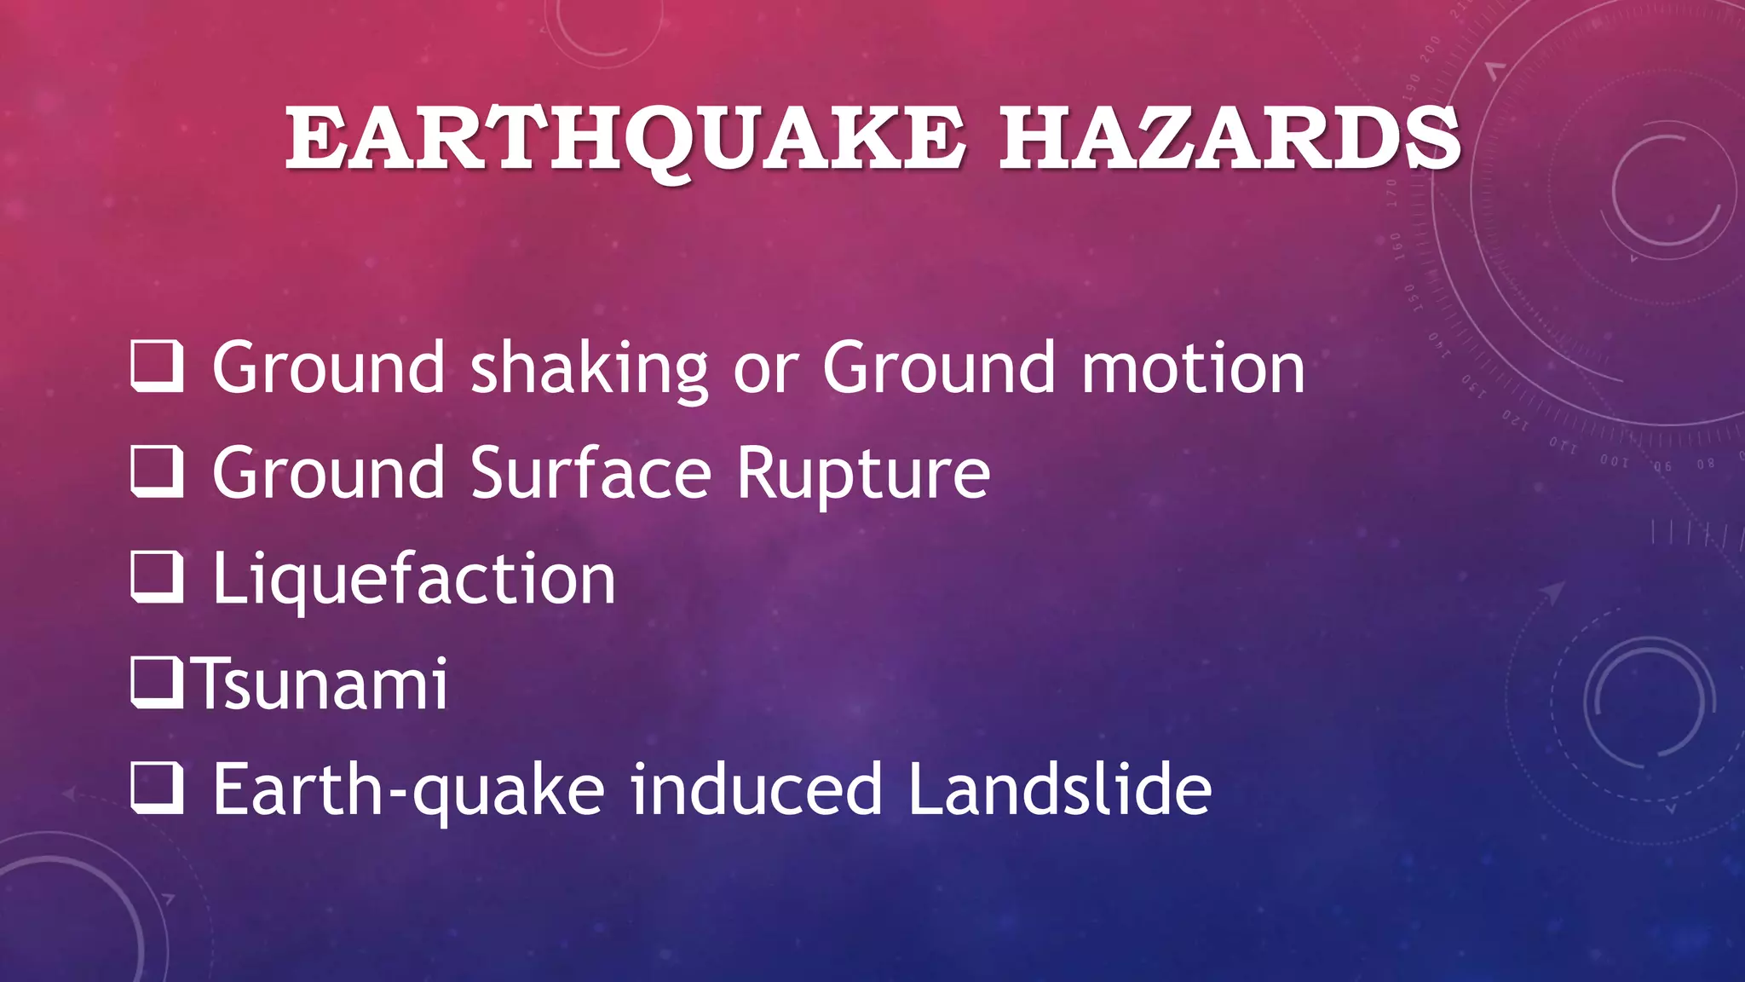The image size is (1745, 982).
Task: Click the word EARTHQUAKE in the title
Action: tap(626, 139)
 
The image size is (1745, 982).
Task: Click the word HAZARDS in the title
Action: tap(1230, 139)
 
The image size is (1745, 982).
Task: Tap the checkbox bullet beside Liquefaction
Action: tap(157, 577)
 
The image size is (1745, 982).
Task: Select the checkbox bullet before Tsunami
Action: tap(157, 683)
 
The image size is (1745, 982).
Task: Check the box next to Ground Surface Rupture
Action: tap(157, 471)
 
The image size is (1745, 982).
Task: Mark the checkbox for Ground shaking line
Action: tap(157, 366)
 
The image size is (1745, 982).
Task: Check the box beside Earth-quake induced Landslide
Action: tap(157, 788)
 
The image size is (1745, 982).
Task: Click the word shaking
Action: tap(589, 368)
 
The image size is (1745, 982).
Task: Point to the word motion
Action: tap(1193, 368)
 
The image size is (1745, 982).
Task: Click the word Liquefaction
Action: tap(414, 581)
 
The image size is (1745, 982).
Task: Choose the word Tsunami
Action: tap(322, 685)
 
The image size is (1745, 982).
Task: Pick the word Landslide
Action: tap(1059, 789)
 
